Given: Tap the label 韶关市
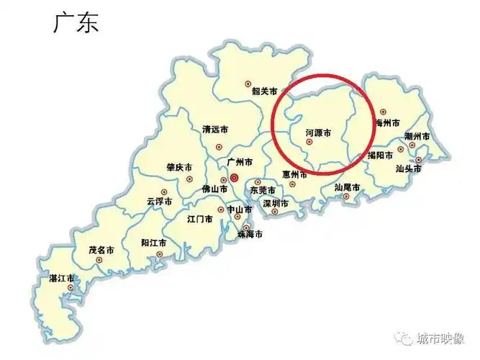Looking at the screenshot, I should pyautogui.click(x=264, y=91).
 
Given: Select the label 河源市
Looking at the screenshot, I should pyautogui.click(x=318, y=132).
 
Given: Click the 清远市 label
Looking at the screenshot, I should pyautogui.click(x=215, y=130).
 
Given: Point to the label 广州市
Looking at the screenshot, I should pyautogui.click(x=240, y=163).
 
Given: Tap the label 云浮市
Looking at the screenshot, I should pyautogui.click(x=159, y=202).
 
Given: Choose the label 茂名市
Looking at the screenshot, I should pyautogui.click(x=101, y=250).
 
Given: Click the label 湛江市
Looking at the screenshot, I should pyautogui.click(x=61, y=278).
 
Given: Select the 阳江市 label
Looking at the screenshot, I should pyautogui.click(x=154, y=243).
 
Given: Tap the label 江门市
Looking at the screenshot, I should pyautogui.click(x=199, y=219).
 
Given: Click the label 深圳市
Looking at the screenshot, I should pyautogui.click(x=276, y=204).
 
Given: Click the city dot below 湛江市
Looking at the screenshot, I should pyautogui.click(x=70, y=288).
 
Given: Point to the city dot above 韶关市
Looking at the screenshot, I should pyautogui.click(x=248, y=82).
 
